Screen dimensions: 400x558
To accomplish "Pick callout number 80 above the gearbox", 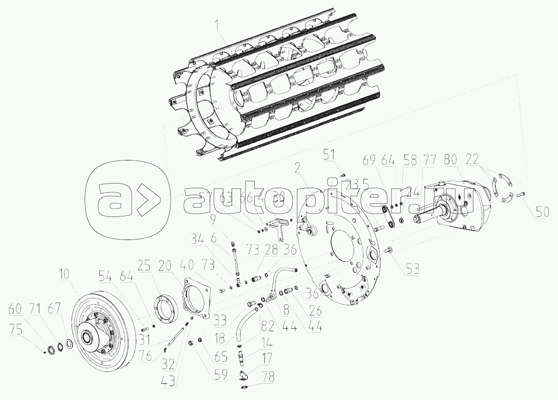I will pos(451,160).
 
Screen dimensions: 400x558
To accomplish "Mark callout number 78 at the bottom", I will pos(267,378).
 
